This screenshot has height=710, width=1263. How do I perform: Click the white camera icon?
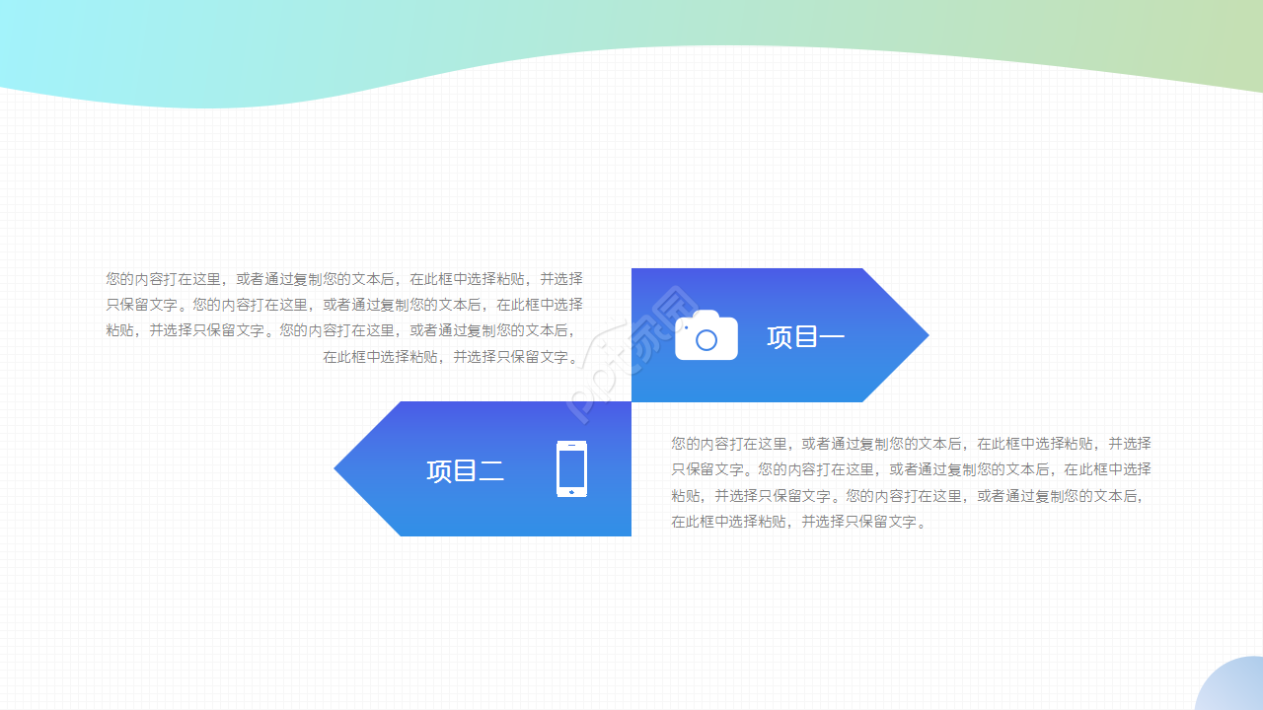coord(706,336)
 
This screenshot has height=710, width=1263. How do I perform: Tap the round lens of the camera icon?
coord(706,340)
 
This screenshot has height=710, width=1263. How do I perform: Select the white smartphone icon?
coord(571,469)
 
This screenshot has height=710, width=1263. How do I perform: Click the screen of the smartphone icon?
coord(571,468)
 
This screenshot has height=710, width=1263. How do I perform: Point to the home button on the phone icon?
coord(571,491)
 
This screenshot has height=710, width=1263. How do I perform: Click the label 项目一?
coord(805,337)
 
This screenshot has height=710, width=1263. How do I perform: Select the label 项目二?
coord(465,470)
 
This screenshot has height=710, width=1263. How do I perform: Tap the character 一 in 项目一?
coord(832,337)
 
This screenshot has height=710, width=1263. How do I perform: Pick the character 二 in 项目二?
coord(491,471)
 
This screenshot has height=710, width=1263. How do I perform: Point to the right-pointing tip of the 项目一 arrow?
coord(926,335)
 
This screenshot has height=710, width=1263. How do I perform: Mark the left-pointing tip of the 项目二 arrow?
coord(337,469)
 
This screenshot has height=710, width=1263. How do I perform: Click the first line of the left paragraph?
coord(343,279)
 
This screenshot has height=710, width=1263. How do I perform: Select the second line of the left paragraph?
coord(343,305)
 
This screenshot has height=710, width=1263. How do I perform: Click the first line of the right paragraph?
coord(911,444)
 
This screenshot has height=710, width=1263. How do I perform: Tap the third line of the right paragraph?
coord(911,496)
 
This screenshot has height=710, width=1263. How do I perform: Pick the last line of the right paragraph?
coord(799,522)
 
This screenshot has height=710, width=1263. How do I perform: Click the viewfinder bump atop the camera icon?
coord(706,315)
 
